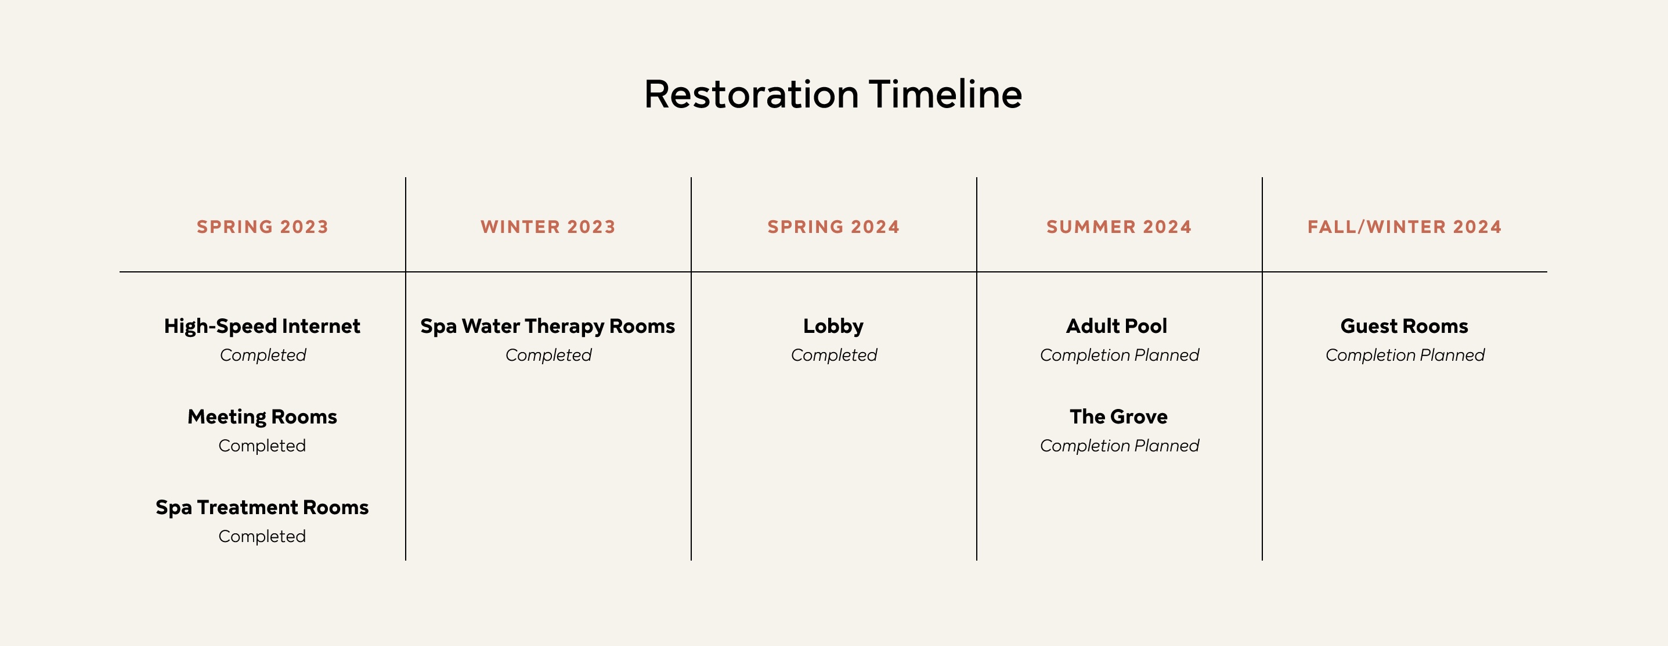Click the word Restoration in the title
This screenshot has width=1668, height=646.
pyautogui.click(x=751, y=95)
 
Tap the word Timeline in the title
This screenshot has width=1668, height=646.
pyautogui.click(x=945, y=95)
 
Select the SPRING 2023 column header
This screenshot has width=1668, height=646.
pyautogui.click(x=262, y=227)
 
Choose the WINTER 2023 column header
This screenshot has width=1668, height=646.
pyautogui.click(x=548, y=227)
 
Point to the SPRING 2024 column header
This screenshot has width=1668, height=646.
pyautogui.click(x=833, y=227)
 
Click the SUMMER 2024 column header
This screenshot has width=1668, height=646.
pyautogui.click(x=1119, y=227)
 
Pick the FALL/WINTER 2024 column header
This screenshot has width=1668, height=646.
pyautogui.click(x=1405, y=227)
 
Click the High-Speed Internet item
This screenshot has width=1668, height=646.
pyautogui.click(x=262, y=326)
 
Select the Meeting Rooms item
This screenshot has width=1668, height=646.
pyautogui.click(x=262, y=417)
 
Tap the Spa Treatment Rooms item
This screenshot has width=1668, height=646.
pyautogui.click(x=262, y=507)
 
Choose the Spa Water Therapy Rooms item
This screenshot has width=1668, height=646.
pyautogui.click(x=548, y=326)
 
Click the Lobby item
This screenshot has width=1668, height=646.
pyautogui.click(x=833, y=326)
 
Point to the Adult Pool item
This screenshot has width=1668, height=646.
pyautogui.click(x=1117, y=326)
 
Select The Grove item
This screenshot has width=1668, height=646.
pyautogui.click(x=1119, y=417)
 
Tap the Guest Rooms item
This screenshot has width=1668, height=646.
pyautogui.click(x=1405, y=326)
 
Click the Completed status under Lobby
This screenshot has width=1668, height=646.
pyautogui.click(x=834, y=355)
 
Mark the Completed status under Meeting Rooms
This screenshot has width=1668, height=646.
pyautogui.click(x=262, y=446)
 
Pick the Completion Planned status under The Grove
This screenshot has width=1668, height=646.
pyautogui.click(x=1120, y=446)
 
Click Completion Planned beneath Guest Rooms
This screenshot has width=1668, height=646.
pyautogui.click(x=1405, y=355)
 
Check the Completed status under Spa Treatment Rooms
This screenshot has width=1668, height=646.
pyautogui.click(x=262, y=537)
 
